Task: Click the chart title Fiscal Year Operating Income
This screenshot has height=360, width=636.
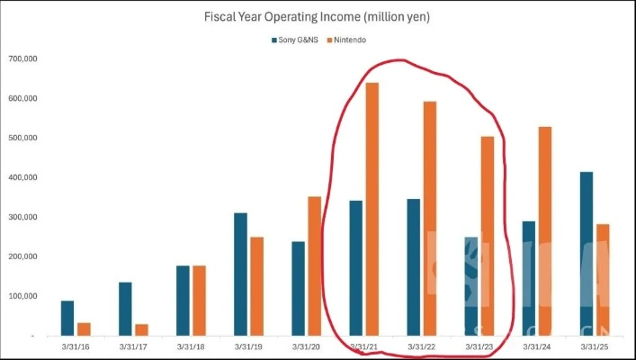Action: coord(318,16)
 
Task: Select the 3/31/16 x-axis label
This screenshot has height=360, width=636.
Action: coord(76,346)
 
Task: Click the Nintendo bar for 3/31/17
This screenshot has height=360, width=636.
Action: coord(141,329)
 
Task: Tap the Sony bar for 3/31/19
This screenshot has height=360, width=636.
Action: coord(240,274)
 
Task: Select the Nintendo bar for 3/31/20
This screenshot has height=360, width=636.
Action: coord(314,265)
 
